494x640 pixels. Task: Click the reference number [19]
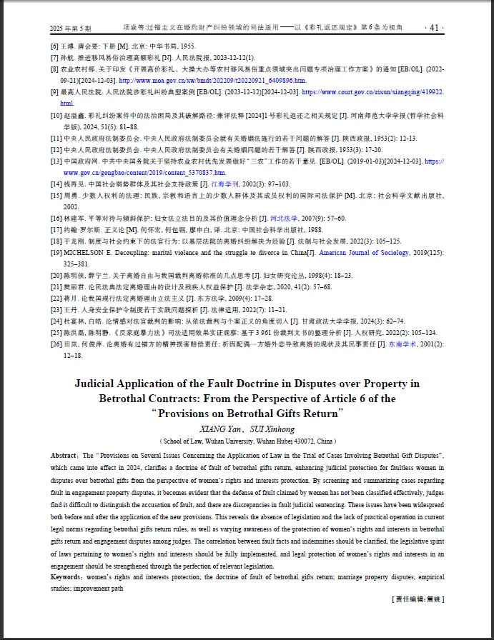tap(55, 253)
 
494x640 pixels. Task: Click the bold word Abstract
tap(64, 455)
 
